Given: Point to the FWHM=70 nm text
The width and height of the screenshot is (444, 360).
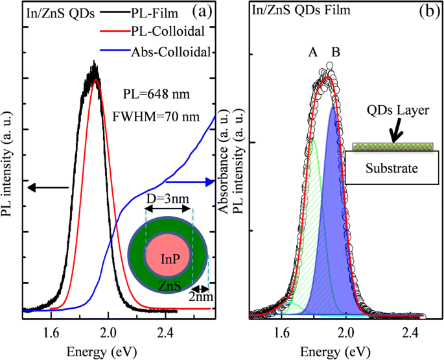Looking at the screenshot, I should click(160, 117).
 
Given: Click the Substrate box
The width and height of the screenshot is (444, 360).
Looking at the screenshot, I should click(393, 168).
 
